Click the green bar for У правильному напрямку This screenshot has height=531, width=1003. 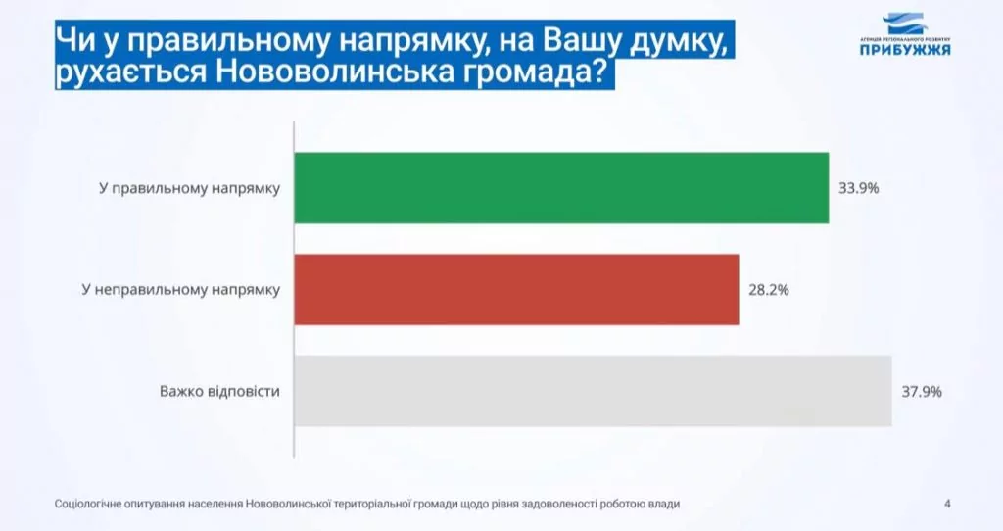pyautogui.click(x=561, y=188)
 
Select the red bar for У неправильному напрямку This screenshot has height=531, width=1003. pyautogui.click(x=517, y=289)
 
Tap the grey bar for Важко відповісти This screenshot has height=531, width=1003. pyautogui.click(x=593, y=391)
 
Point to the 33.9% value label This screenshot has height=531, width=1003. pyautogui.click(x=858, y=188)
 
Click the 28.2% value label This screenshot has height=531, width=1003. pyautogui.click(x=769, y=290)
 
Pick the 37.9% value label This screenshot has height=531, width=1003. pyautogui.click(x=922, y=392)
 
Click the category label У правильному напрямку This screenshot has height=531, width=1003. pyautogui.click(x=189, y=189)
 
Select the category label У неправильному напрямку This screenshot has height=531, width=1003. pyautogui.click(x=181, y=290)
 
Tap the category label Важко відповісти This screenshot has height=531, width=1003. pyautogui.click(x=219, y=391)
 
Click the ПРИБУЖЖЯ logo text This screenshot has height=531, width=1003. pyautogui.click(x=905, y=50)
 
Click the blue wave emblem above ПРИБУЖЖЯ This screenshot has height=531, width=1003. pyautogui.click(x=904, y=24)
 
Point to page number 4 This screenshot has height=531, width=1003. pyautogui.click(x=947, y=505)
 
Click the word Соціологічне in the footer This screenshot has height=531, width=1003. pyautogui.click(x=87, y=505)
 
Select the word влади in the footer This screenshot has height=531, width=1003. pyautogui.click(x=665, y=505)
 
